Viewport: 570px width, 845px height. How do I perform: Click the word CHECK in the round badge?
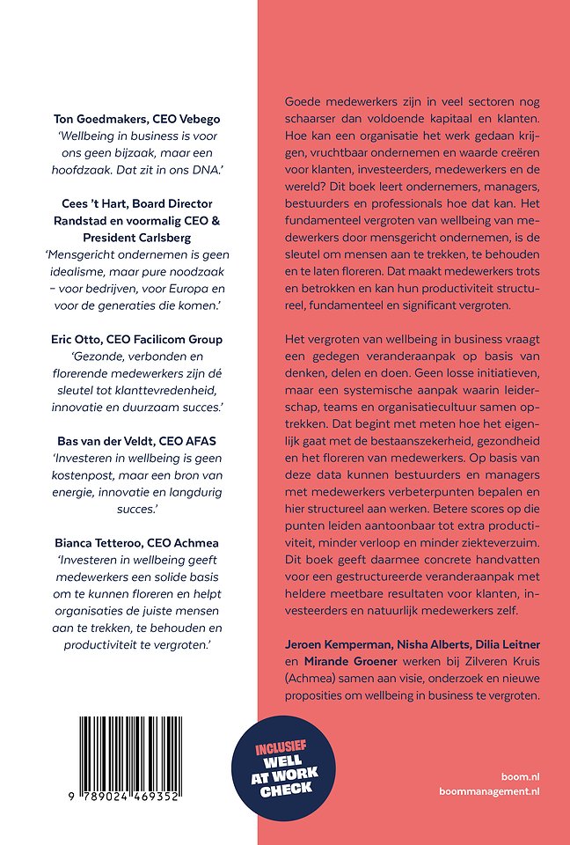tap(285, 787)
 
